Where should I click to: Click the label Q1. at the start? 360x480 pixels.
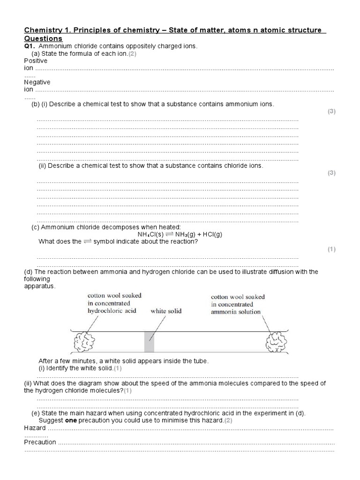[x=30, y=46]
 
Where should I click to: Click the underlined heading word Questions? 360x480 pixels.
[x=43, y=38]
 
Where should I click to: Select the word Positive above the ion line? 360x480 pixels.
[x=36, y=61]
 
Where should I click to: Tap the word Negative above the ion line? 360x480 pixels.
[x=37, y=82]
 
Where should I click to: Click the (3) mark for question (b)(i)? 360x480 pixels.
[x=331, y=112]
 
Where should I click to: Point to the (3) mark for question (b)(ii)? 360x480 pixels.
[x=331, y=173]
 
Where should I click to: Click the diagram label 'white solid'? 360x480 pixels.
[x=165, y=311]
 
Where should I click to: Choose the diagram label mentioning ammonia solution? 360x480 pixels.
[x=238, y=304]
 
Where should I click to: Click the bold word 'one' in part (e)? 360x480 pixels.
[x=70, y=420]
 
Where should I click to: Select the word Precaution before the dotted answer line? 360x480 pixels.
[x=40, y=442]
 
